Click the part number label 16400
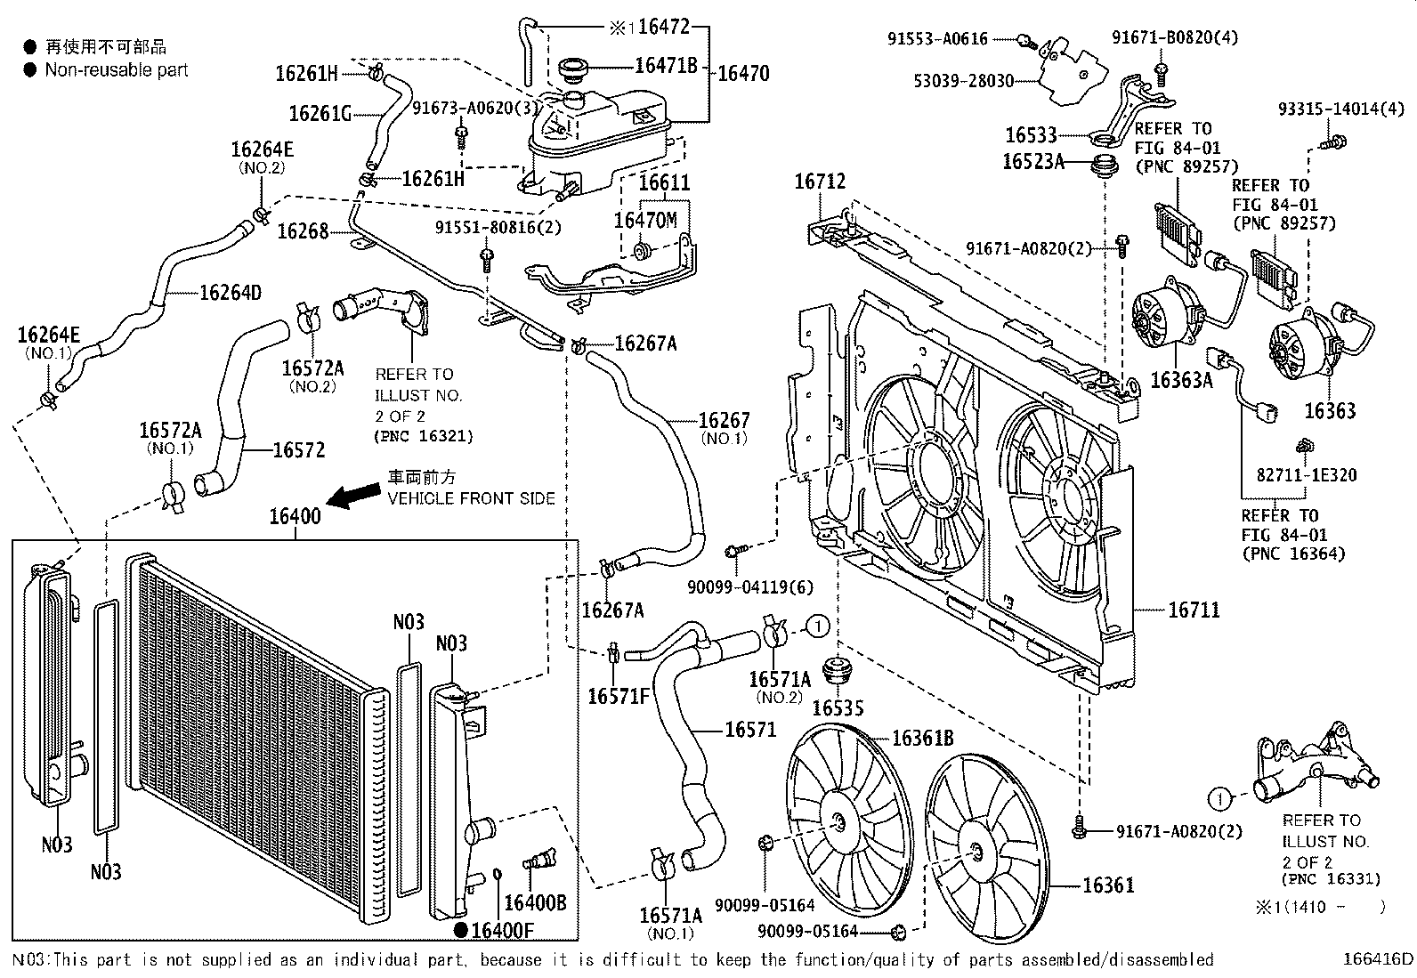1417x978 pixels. coord(296,517)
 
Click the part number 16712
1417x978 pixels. coord(820,182)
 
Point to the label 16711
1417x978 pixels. coord(1194,610)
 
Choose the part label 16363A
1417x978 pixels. coord(1181,381)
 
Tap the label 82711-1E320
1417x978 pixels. coord(1307,475)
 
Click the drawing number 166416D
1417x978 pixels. coord(1377,959)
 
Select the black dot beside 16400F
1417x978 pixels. coord(460,930)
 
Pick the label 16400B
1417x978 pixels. coord(535,903)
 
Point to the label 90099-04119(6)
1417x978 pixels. coord(750,587)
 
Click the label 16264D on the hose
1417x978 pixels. coord(230,292)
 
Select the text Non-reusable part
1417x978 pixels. coord(117,69)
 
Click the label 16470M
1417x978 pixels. coord(645,220)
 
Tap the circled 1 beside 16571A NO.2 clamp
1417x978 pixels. coord(818,626)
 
